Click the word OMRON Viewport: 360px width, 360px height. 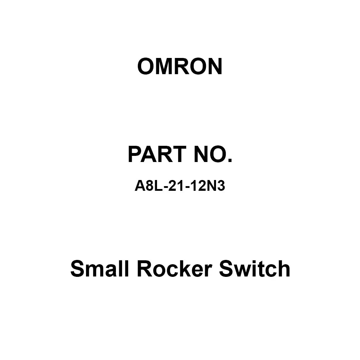tap(180, 66)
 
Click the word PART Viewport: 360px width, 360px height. tap(157, 154)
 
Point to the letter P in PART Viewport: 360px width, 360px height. tap(135, 154)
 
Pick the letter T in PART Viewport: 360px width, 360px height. tap(179, 154)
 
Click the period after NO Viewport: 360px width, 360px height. tap(230, 161)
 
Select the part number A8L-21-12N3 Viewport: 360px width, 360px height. tap(180, 186)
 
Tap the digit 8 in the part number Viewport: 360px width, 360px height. tap(149, 186)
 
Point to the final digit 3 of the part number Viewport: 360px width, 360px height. tap(221, 186)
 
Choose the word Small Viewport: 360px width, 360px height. tap(99, 269)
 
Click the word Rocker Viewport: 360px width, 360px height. tap(174, 269)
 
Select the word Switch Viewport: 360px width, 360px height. tap(255, 269)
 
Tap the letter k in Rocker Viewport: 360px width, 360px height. tap(188, 269)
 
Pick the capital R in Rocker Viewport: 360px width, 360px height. tap(145, 269)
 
